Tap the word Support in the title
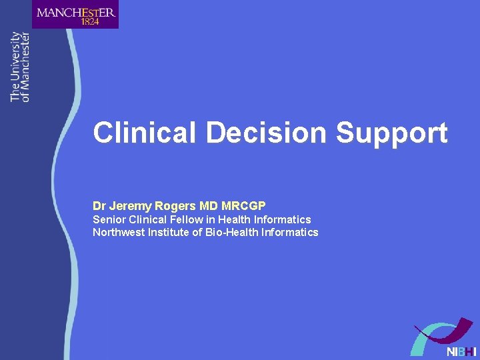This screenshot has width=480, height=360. [392, 133]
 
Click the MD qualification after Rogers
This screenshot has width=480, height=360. [208, 206]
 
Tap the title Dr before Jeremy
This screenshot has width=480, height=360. [99, 206]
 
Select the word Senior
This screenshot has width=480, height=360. [109, 219]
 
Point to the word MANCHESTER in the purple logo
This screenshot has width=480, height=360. [76, 11]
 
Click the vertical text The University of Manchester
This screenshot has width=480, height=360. [20, 67]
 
